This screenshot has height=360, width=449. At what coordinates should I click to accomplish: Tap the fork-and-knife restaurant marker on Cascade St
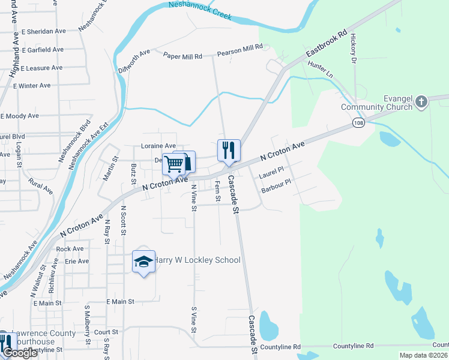[228, 150]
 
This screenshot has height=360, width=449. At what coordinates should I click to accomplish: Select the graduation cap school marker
[143, 262]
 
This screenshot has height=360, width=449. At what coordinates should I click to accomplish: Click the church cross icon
[421, 101]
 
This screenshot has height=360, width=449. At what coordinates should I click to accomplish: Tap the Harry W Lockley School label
[197, 260]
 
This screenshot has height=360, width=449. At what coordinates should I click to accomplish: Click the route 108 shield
[357, 122]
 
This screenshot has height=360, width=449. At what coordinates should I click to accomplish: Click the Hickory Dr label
[354, 48]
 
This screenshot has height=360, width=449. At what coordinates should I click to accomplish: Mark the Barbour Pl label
[276, 186]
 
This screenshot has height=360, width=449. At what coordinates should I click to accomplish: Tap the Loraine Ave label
[158, 146]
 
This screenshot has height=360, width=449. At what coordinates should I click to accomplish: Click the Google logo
[19, 353]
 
